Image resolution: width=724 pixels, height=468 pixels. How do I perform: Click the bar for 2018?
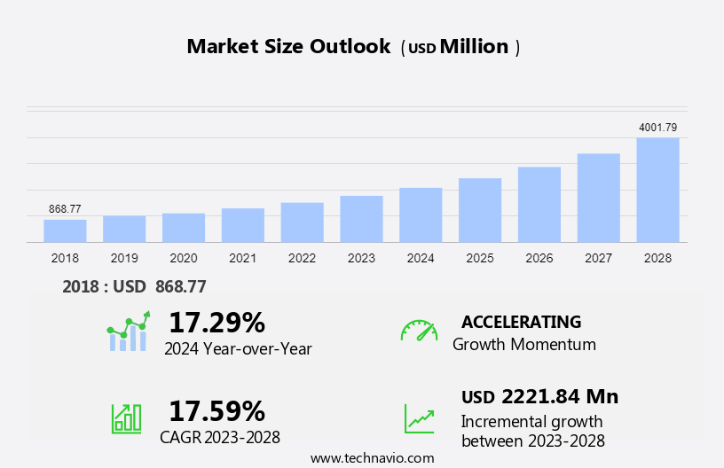pyautogui.click(x=65, y=230)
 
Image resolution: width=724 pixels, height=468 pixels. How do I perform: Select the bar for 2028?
pyautogui.click(x=657, y=190)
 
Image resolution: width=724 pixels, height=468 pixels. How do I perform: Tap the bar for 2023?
pyautogui.click(x=361, y=219)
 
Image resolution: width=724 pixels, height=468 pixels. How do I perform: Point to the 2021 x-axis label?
pyautogui.click(x=242, y=258)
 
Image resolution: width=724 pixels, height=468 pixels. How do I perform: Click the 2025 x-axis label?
pyautogui.click(x=480, y=258)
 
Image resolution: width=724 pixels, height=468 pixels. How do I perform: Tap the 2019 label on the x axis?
pyautogui.click(x=124, y=258)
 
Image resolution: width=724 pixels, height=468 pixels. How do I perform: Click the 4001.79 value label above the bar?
pyautogui.click(x=657, y=128)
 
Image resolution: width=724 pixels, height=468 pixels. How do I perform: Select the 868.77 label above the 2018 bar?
pyautogui.click(x=65, y=209)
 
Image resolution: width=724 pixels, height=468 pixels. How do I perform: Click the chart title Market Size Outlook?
pyautogui.click(x=288, y=47)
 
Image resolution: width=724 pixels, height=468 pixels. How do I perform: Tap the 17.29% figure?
pyautogui.click(x=216, y=322)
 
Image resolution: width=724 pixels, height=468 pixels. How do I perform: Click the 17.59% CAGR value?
pyautogui.click(x=216, y=410)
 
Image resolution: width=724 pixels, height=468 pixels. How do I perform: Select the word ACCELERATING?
pyautogui.click(x=521, y=322)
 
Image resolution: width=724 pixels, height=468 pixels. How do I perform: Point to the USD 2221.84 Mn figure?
pyautogui.click(x=539, y=396)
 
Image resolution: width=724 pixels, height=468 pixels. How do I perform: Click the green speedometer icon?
pyautogui.click(x=419, y=331)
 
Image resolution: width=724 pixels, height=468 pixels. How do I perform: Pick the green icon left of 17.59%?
pyautogui.click(x=126, y=417)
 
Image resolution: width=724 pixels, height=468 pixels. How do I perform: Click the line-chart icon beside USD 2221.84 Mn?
pyautogui.click(x=419, y=417)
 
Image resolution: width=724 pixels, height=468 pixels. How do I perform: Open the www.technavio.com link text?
pyautogui.click(x=372, y=458)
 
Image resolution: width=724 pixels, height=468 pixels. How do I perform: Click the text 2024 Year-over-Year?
pyautogui.click(x=238, y=349)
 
